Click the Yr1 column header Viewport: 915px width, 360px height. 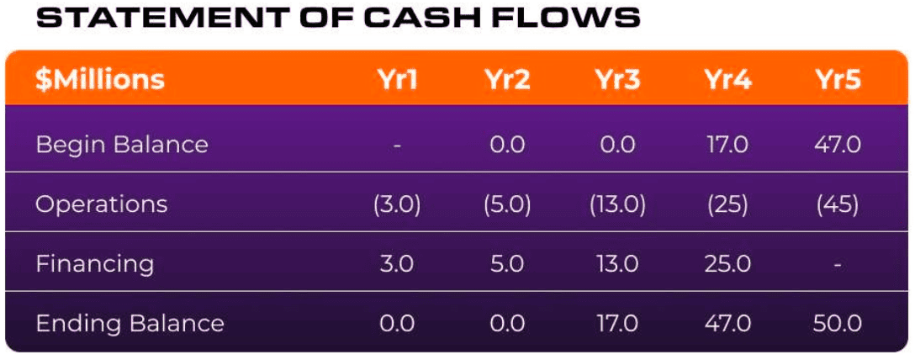pyautogui.click(x=397, y=80)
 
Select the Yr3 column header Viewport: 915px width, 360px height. pyautogui.click(x=616, y=80)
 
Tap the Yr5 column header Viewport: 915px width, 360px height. pyautogui.click(x=838, y=80)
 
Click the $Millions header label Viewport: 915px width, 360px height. pyautogui.click(x=100, y=80)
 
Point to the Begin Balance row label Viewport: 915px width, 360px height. pyautogui.click(x=121, y=144)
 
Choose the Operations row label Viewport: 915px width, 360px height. pyautogui.click(x=102, y=204)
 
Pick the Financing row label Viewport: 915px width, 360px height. pyautogui.click(x=94, y=264)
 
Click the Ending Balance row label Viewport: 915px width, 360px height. pyautogui.click(x=130, y=323)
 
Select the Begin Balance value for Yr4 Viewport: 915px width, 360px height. pyautogui.click(x=727, y=144)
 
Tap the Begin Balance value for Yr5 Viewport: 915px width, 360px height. pyautogui.click(x=838, y=144)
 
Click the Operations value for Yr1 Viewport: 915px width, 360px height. pyautogui.click(x=397, y=204)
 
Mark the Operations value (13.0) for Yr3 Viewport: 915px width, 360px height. pyautogui.click(x=616, y=204)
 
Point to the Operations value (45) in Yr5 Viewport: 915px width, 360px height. pyautogui.click(x=838, y=204)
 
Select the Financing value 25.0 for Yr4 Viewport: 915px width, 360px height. pyautogui.click(x=727, y=264)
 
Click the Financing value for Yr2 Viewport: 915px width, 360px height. pyautogui.click(x=507, y=264)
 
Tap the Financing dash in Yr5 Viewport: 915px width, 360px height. pyautogui.click(x=838, y=265)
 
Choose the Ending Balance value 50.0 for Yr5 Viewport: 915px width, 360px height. pyautogui.click(x=838, y=323)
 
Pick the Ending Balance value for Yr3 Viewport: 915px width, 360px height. pyautogui.click(x=616, y=323)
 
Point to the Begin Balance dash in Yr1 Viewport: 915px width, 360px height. pyautogui.click(x=397, y=145)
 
